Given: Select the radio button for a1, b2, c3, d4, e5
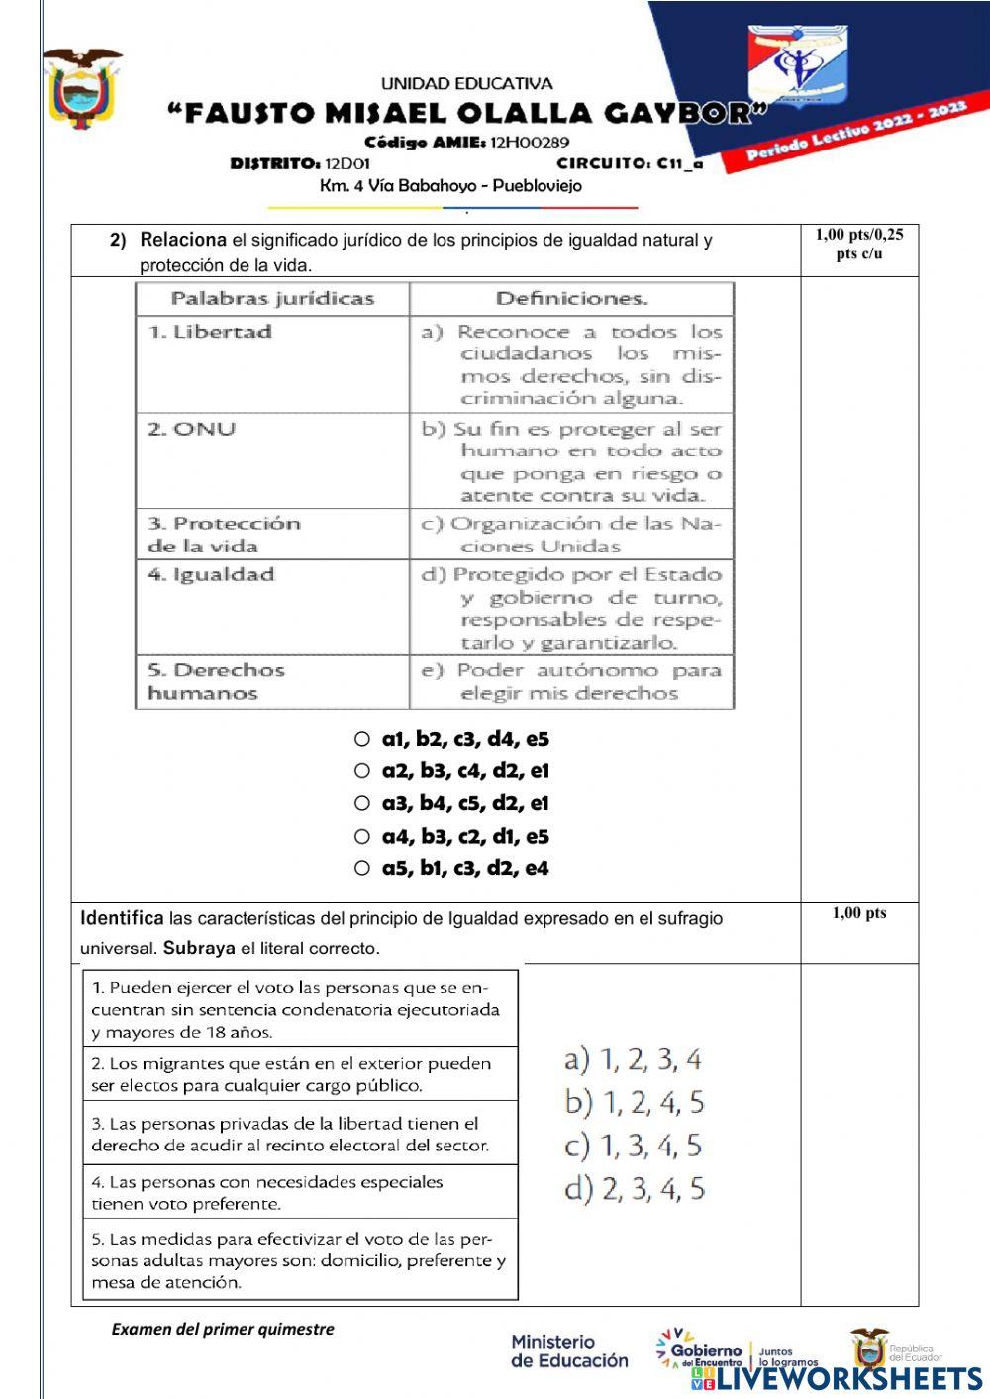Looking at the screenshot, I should point(362,739).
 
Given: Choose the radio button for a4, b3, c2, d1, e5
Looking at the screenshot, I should point(362,837).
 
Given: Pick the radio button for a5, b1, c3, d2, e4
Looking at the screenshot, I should point(362,869).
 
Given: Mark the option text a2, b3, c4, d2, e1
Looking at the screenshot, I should point(465,771).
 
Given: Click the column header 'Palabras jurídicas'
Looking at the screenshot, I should point(272,299).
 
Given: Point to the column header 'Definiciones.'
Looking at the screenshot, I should point(571,299).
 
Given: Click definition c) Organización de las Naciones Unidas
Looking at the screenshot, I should point(571,535).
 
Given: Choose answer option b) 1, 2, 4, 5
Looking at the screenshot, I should point(634,1102).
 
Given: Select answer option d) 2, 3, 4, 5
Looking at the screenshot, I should point(634,1189).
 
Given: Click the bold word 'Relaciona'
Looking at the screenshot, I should point(183,240).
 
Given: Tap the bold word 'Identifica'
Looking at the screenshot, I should point(122,918).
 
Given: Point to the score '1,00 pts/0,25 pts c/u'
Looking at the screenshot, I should point(858,244).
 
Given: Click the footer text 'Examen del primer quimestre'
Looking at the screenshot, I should point(223,1329).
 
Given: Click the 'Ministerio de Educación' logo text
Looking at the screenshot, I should point(568,1351).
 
